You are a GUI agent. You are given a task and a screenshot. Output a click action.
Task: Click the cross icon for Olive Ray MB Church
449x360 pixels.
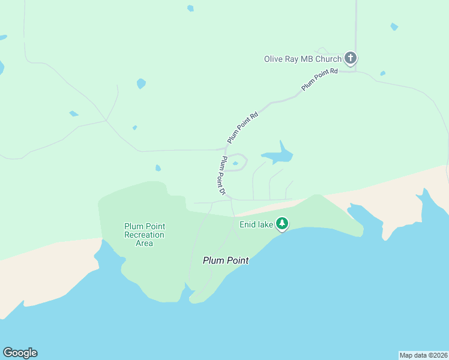tap(351, 58)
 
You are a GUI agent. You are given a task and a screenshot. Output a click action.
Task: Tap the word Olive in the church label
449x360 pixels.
tap(274, 59)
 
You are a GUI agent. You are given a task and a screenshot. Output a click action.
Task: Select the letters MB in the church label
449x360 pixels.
tap(307, 59)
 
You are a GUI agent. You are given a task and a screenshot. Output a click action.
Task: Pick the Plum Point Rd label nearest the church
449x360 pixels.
tap(320, 79)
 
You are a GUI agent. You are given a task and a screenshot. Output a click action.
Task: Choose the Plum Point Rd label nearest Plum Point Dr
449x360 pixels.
tap(243, 127)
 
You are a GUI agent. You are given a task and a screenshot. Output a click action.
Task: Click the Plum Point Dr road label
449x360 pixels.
tap(221, 175)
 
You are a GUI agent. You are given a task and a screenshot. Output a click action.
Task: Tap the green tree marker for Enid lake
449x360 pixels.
tap(282, 224)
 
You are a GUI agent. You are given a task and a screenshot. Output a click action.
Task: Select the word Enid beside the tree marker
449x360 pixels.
tap(248, 224)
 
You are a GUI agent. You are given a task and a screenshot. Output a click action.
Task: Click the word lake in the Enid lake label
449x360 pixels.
tap(266, 224)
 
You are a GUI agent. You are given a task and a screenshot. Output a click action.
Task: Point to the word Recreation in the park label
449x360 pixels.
tap(145, 235)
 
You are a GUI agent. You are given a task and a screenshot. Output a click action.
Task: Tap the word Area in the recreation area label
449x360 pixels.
tap(145, 243)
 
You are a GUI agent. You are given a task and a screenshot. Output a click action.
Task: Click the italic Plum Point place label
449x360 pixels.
tap(225, 260)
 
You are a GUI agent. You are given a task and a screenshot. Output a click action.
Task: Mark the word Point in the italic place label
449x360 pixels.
tap(237, 260)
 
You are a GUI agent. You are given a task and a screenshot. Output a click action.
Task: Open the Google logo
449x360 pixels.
tap(20, 353)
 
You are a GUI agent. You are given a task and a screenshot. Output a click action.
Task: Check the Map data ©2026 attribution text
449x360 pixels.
tap(423, 355)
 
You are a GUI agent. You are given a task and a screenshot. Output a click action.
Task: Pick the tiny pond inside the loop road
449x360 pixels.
tap(235, 163)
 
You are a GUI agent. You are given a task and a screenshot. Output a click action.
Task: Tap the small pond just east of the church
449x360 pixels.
tap(382, 74)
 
